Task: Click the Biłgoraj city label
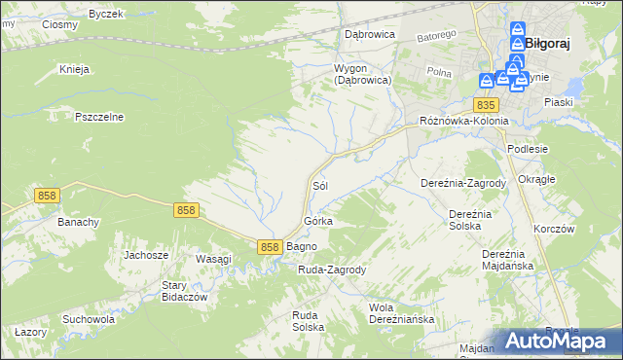coord(547,43)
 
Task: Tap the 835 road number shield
coord(488,104)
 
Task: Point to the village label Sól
coord(318,184)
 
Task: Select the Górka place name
coord(318,221)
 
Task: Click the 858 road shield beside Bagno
coord(271,247)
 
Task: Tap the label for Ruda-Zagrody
coord(331,270)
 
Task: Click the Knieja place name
coord(74,69)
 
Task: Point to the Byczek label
coord(106,15)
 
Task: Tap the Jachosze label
coord(146,255)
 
